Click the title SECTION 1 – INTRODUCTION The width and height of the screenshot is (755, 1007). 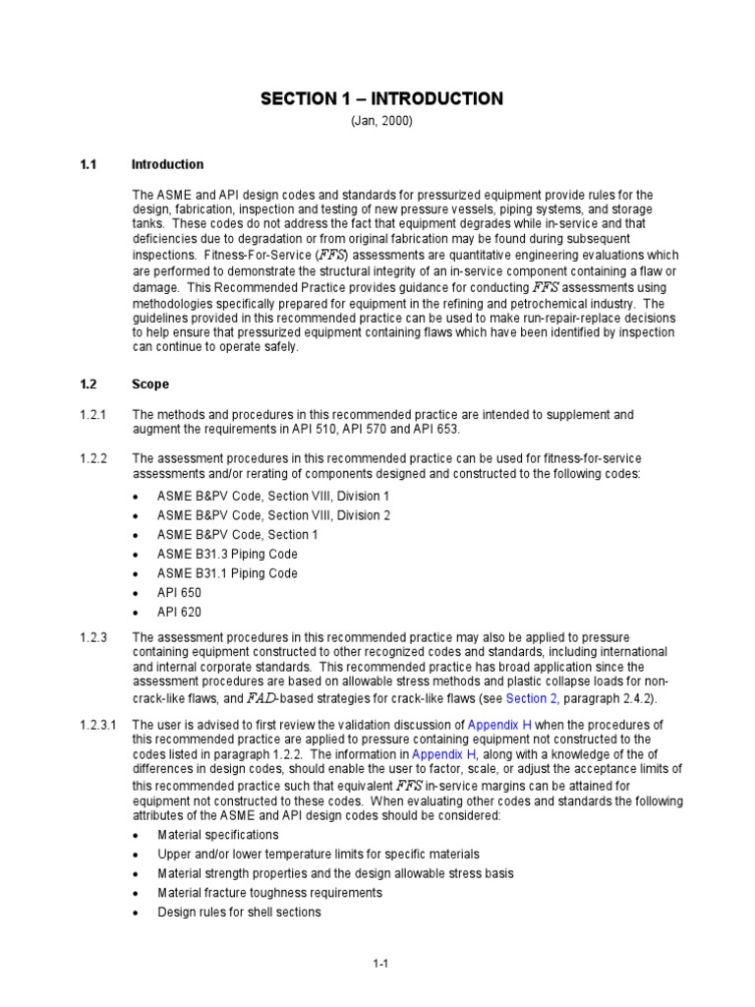pyautogui.click(x=381, y=98)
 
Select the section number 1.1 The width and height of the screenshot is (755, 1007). pyautogui.click(x=87, y=164)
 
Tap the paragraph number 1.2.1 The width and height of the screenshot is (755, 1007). pyautogui.click(x=92, y=415)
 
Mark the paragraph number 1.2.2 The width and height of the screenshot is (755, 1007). pyautogui.click(x=92, y=458)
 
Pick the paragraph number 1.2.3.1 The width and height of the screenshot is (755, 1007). pyautogui.click(x=97, y=725)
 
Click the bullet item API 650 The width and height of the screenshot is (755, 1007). pyautogui.click(x=178, y=592)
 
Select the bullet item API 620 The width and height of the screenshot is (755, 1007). pyautogui.click(x=178, y=612)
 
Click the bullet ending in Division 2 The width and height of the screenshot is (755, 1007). pyautogui.click(x=273, y=515)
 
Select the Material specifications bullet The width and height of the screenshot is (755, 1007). pyautogui.click(x=218, y=835)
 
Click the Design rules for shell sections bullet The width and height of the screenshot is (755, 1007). pyautogui.click(x=239, y=912)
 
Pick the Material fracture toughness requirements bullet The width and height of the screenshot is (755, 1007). pyautogui.click(x=269, y=893)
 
